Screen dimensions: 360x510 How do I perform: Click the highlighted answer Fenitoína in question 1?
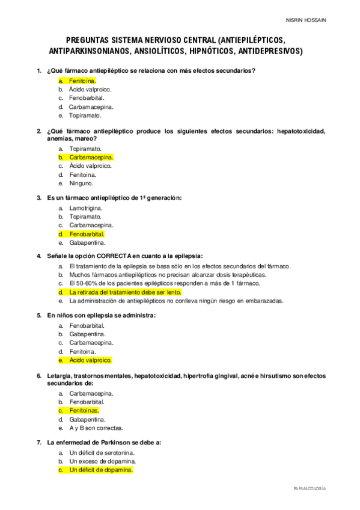coord(82,80)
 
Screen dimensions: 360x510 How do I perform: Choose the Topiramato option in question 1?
coord(85,115)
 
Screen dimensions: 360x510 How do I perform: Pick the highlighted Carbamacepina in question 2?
coord(91,157)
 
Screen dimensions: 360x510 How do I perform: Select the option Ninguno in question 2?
coord(81,183)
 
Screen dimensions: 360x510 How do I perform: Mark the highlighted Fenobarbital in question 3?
coord(87,234)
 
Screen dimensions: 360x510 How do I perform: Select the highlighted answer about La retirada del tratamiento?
coord(126,292)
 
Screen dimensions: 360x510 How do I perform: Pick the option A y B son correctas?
coord(96,428)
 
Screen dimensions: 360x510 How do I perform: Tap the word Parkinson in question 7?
coord(117,442)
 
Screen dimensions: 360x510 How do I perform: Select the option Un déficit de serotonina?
coord(102,452)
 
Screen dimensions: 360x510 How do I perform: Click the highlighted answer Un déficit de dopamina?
coord(100,470)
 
